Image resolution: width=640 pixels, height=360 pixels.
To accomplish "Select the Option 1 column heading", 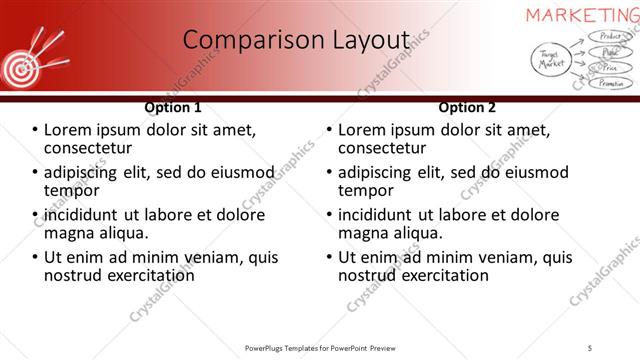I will pos(173,107).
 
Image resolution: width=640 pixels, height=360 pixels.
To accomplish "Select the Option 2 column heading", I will pos(467,107).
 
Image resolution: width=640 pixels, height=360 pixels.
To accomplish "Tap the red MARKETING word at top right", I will pos(582,14).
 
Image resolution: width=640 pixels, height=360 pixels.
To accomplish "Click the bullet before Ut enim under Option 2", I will pos(330,256).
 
